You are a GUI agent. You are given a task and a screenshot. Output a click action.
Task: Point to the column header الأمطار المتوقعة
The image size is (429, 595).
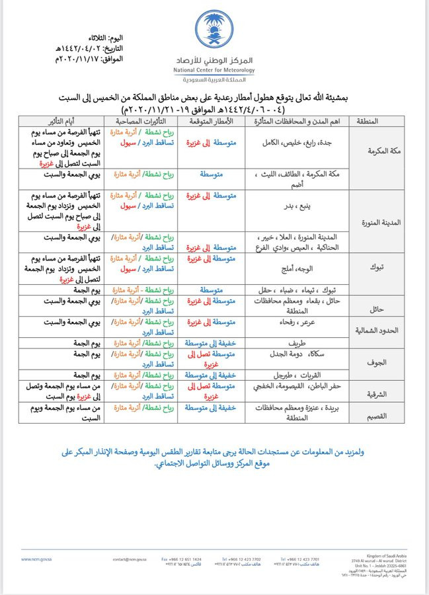211,121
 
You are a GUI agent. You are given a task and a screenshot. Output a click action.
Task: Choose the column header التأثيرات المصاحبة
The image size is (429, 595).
143,121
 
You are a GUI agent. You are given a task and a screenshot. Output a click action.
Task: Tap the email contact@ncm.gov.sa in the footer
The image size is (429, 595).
130,559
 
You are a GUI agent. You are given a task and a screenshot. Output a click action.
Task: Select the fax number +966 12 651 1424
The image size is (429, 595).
182,559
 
